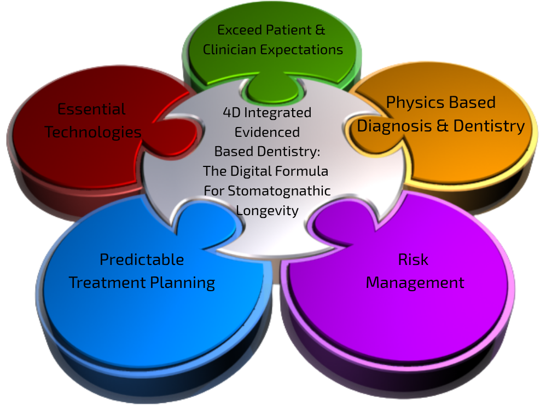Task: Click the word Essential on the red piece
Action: pyautogui.click(x=91, y=109)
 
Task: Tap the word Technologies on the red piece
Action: pyautogui.click(x=93, y=132)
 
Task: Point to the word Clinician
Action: pyautogui.click(x=229, y=49)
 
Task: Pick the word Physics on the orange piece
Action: pyautogui.click(x=413, y=103)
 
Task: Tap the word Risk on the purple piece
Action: pyautogui.click(x=413, y=259)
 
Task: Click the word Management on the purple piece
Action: pyautogui.click(x=415, y=283)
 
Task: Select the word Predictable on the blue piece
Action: pyautogui.click(x=142, y=259)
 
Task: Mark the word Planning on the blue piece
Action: pyautogui.click(x=183, y=283)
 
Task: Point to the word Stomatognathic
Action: pyautogui.click(x=279, y=191)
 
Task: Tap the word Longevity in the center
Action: pyautogui.click(x=267, y=211)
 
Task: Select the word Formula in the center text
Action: pyautogui.click(x=301, y=171)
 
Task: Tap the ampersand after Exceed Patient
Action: pyautogui.click(x=320, y=30)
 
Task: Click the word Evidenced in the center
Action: pyautogui.click(x=267, y=132)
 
